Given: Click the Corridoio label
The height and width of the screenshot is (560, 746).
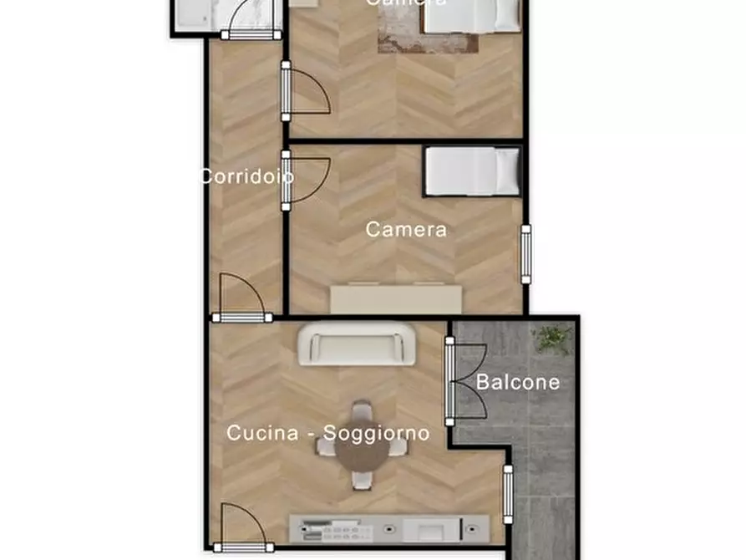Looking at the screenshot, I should [x=246, y=177].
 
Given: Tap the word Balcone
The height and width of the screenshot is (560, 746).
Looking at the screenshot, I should [x=518, y=383].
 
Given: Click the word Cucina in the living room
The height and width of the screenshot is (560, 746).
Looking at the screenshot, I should [x=263, y=433].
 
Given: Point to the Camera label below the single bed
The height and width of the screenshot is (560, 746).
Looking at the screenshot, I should [x=406, y=229].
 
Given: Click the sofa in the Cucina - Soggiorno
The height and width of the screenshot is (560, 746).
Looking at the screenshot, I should [x=358, y=344].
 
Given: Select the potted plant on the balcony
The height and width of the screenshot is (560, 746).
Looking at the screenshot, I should [x=552, y=339].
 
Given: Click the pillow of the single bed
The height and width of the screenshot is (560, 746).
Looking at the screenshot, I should [x=505, y=171].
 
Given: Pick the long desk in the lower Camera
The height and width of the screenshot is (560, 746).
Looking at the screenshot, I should [x=396, y=299].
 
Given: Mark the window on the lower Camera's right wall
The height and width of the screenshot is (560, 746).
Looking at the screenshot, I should [x=525, y=253].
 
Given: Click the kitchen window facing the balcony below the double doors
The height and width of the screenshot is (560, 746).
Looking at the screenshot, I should [x=508, y=495].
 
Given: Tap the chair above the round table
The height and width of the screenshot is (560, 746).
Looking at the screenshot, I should [x=362, y=412].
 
